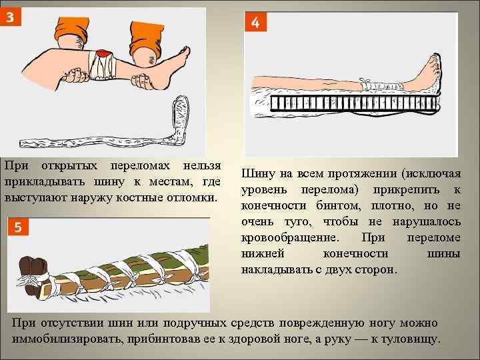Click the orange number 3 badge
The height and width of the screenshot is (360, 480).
point(10,17)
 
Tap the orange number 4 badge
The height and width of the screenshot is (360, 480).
point(255,22)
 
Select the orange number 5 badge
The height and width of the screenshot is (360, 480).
point(18,227)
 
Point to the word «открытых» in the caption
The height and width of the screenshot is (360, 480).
point(69,166)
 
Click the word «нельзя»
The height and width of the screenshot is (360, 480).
point(202,166)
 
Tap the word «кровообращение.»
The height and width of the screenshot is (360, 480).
point(289,237)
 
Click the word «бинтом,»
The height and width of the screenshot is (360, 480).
point(339,206)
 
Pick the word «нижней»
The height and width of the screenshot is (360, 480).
point(263,253)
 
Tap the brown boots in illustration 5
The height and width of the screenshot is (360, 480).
point(33,275)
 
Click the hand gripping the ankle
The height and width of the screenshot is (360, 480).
point(143,81)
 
